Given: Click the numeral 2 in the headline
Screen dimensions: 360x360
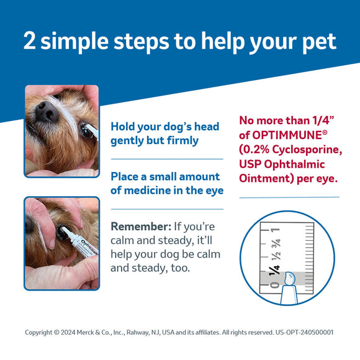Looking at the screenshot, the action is (x=30, y=40).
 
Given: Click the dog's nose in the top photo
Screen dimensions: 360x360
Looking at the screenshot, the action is (x=47, y=111).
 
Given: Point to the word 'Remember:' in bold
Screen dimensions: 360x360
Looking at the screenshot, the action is (x=141, y=227).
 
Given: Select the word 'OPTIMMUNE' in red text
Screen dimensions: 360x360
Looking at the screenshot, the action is (x=287, y=135).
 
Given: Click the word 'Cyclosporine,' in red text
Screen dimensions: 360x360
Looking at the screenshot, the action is (x=307, y=150).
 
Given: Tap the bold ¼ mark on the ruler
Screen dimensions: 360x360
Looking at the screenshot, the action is (x=274, y=269).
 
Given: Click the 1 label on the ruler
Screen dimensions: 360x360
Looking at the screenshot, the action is (x=276, y=230).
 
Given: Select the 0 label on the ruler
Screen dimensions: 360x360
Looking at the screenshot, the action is (x=275, y=285).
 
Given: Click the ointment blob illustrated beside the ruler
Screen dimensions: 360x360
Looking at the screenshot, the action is (x=289, y=279).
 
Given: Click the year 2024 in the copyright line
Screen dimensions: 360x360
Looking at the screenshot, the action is (x=68, y=332).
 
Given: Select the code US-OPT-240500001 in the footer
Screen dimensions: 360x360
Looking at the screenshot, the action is (x=304, y=332).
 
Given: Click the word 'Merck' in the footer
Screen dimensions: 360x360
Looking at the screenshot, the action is (x=85, y=332).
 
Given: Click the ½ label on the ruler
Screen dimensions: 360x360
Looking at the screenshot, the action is (x=276, y=256).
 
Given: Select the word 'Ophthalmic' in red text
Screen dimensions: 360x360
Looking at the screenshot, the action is (x=294, y=164).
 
